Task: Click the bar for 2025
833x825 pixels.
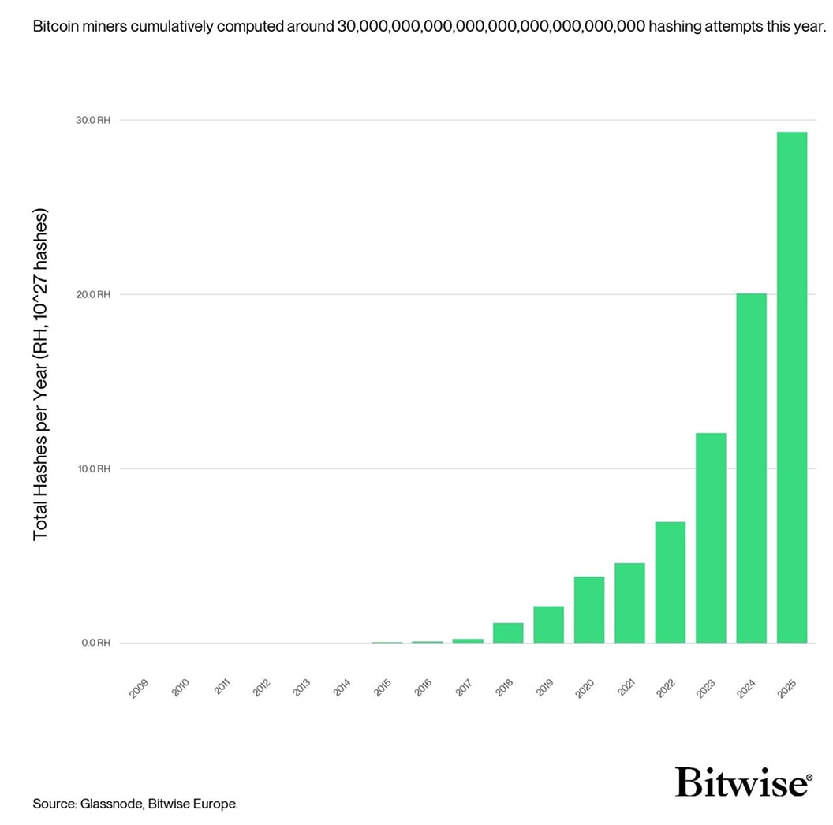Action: (x=792, y=387)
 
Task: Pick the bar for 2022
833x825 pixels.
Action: (x=670, y=582)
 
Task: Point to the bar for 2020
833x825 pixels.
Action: (x=589, y=610)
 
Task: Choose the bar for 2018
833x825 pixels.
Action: (x=508, y=633)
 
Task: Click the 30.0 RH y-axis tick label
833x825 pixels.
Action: (x=93, y=120)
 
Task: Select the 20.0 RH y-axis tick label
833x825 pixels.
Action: (x=93, y=294)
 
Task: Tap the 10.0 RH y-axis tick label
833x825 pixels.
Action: (x=93, y=468)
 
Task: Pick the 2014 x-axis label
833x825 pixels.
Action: (x=342, y=686)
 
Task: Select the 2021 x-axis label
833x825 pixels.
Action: (x=626, y=686)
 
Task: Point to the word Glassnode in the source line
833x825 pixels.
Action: (x=113, y=804)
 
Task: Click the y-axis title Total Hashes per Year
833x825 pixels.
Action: (x=41, y=375)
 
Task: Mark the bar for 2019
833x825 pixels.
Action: (x=548, y=624)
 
